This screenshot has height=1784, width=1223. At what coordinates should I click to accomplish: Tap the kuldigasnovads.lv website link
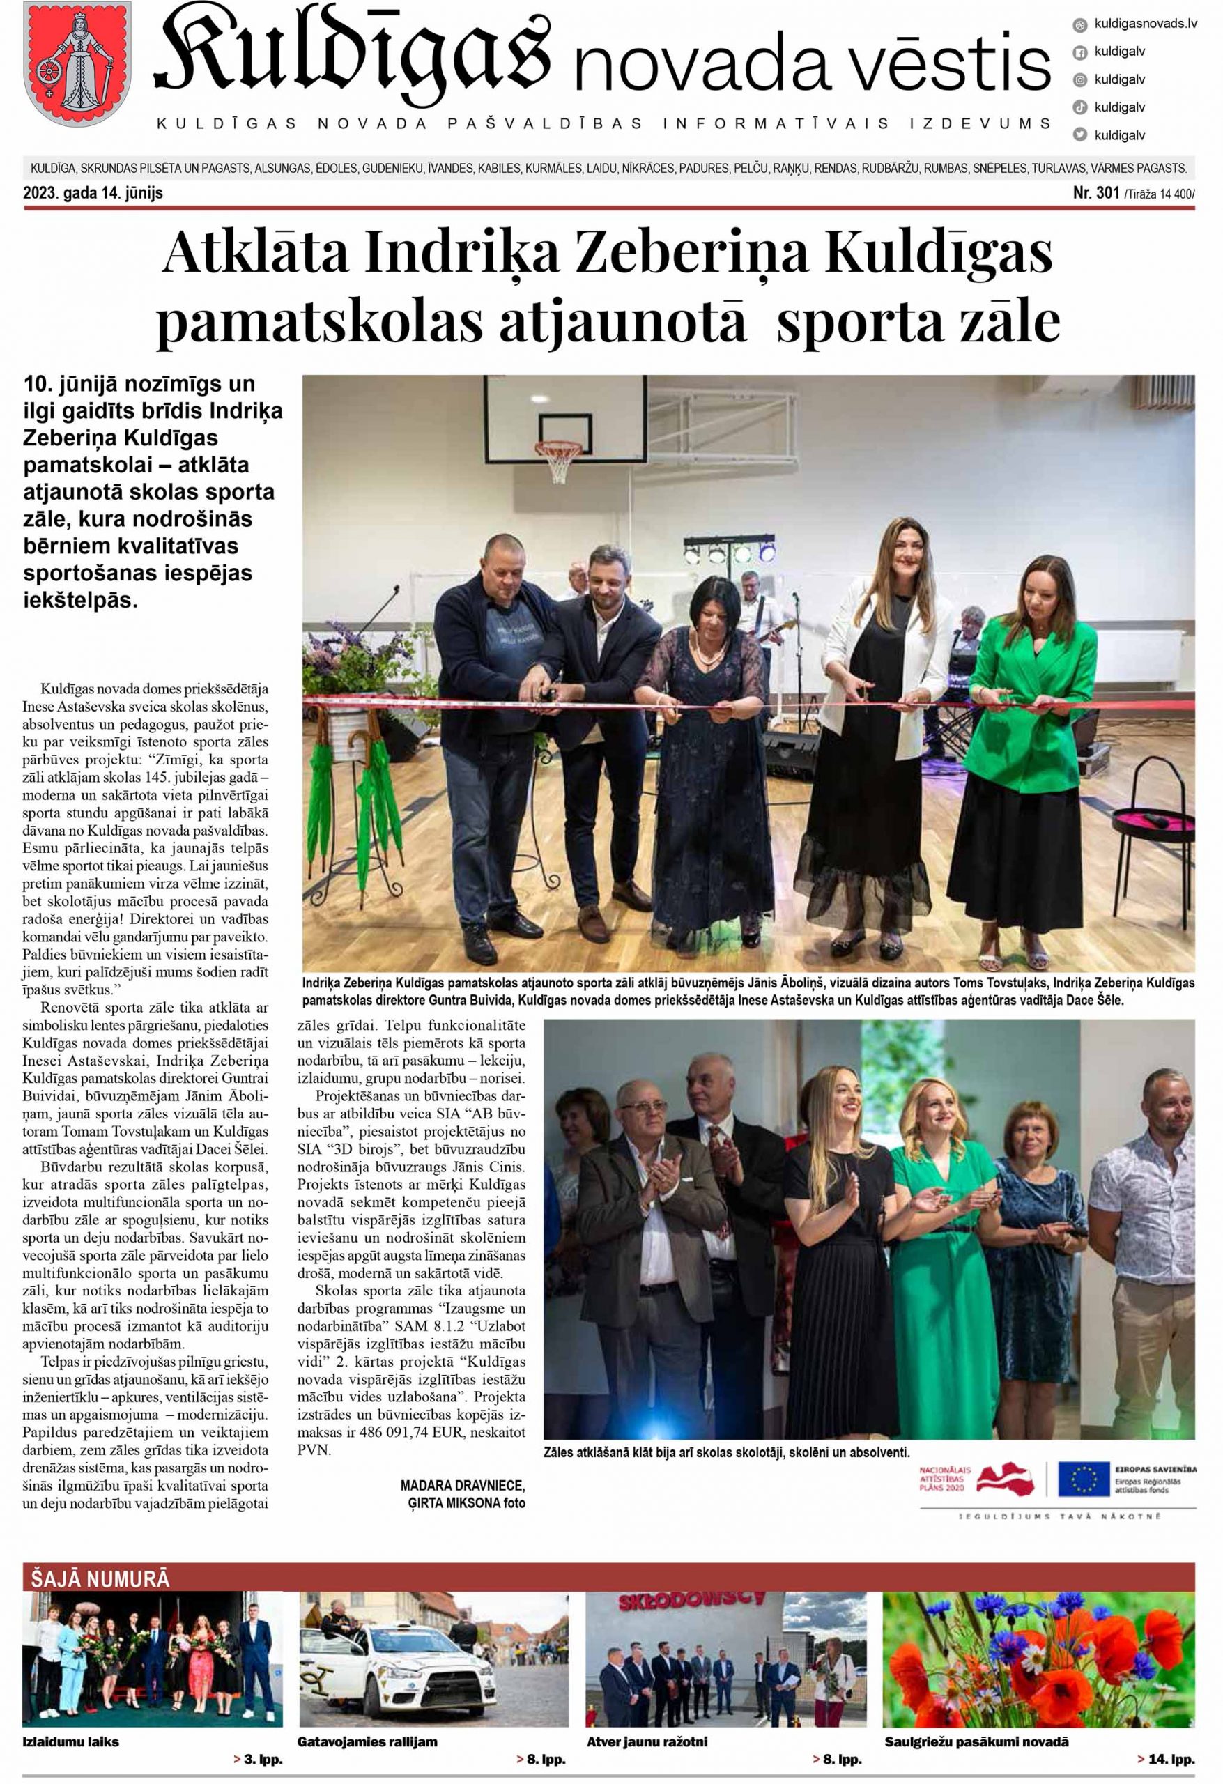click(x=1145, y=24)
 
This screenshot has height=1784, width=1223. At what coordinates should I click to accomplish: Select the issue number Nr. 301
click(x=1095, y=192)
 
